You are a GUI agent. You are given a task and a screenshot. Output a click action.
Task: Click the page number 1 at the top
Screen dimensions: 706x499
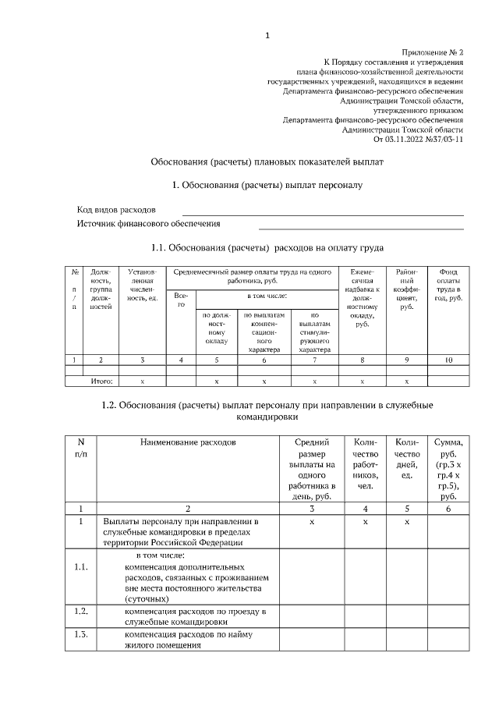(267, 34)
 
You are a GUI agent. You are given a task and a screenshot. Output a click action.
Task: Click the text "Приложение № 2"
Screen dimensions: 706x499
(433, 50)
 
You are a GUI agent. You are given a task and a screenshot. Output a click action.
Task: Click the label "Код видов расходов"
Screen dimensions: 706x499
(116, 210)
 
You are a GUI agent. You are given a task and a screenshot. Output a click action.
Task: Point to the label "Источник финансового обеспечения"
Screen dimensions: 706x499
(148, 224)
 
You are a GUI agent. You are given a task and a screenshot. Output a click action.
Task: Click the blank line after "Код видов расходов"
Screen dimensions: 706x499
(323, 212)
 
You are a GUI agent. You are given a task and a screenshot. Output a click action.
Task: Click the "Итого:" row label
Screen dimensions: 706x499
(101, 381)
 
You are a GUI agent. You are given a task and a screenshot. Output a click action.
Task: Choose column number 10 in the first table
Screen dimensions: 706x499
(448, 360)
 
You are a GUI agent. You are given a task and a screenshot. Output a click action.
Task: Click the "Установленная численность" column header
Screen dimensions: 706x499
(143, 289)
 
